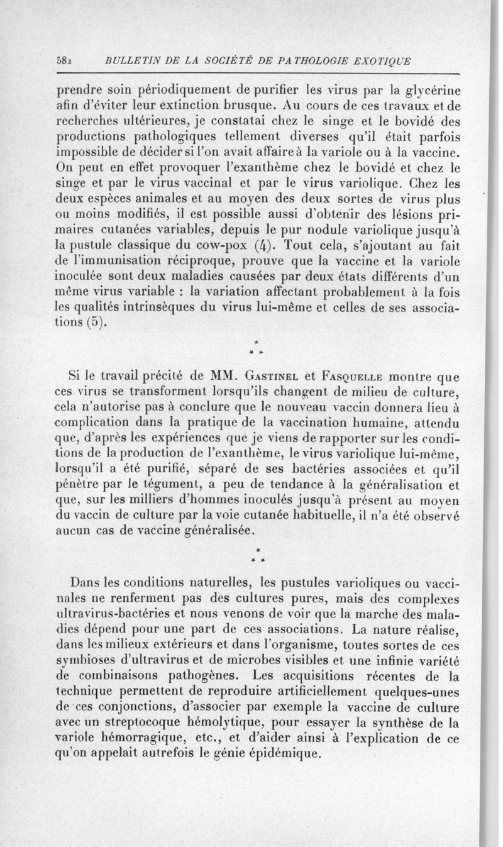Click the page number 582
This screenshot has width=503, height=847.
64,61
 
